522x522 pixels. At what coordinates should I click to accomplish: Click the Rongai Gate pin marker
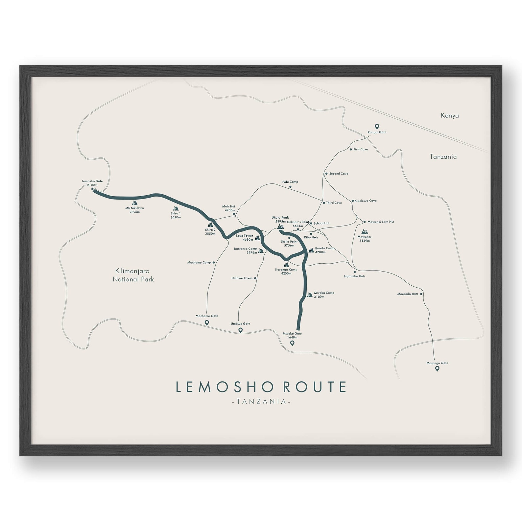click(x=377, y=126)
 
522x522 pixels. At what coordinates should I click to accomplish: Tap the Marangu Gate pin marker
click(x=437, y=368)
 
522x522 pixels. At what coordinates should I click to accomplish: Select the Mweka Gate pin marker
click(x=292, y=343)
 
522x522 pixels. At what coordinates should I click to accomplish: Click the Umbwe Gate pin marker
click(x=240, y=330)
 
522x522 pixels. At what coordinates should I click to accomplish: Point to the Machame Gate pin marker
click(x=207, y=322)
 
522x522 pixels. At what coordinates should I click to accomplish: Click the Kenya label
click(x=450, y=115)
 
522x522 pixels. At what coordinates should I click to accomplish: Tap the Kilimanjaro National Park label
click(x=133, y=275)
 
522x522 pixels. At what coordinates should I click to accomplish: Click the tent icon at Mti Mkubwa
click(x=134, y=203)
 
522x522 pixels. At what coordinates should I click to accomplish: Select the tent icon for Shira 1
click(x=176, y=208)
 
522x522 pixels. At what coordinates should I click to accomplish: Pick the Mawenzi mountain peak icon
click(x=364, y=232)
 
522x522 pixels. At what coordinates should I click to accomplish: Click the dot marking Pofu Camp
click(x=290, y=187)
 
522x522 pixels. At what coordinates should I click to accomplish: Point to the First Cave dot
click(x=351, y=149)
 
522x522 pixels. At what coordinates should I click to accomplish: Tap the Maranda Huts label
click(x=408, y=294)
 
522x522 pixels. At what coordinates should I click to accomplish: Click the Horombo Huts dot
click(x=355, y=272)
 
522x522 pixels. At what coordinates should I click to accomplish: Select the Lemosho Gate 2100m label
click(x=92, y=183)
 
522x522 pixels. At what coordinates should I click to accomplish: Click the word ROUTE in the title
click(x=315, y=387)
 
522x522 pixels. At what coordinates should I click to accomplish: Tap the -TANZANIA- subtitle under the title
click(x=261, y=401)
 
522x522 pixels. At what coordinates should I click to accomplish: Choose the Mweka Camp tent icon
click(x=310, y=295)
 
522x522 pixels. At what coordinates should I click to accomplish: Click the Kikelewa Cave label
click(x=366, y=201)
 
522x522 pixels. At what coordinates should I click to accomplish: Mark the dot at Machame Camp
click(x=214, y=262)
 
